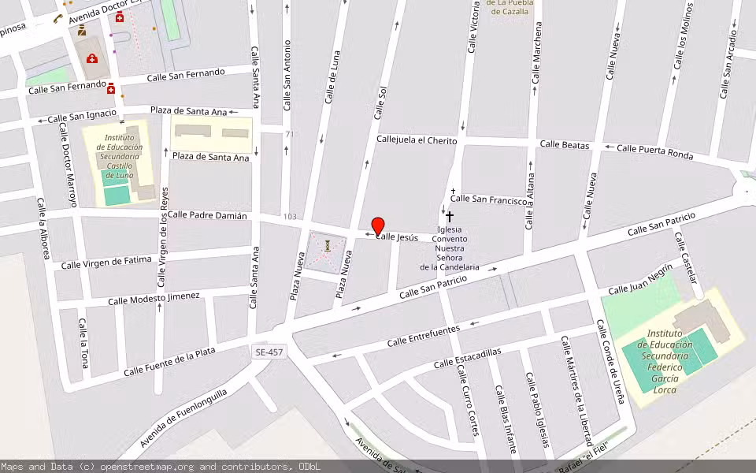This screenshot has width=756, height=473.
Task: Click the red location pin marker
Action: [378, 225]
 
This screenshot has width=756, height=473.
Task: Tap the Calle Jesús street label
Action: [397, 236]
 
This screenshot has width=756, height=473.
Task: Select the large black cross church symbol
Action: [450, 216]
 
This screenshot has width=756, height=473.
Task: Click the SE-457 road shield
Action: [270, 352]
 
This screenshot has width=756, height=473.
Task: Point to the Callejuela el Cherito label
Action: [417, 140]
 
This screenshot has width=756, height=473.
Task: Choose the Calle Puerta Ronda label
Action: [654, 151]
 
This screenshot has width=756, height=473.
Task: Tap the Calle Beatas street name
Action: [565, 145]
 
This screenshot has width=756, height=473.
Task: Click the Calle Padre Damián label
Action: [207, 215]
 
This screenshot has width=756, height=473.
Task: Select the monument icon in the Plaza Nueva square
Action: [326, 247]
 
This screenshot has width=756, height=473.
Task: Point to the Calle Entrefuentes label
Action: [424, 336]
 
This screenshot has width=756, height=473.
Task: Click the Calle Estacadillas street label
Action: [467, 358]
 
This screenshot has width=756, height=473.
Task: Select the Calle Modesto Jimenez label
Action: [154, 298]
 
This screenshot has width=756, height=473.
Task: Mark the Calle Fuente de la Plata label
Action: [169, 361]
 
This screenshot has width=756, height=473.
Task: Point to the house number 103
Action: [291, 216]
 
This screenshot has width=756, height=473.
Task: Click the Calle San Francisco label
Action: [488, 199]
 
